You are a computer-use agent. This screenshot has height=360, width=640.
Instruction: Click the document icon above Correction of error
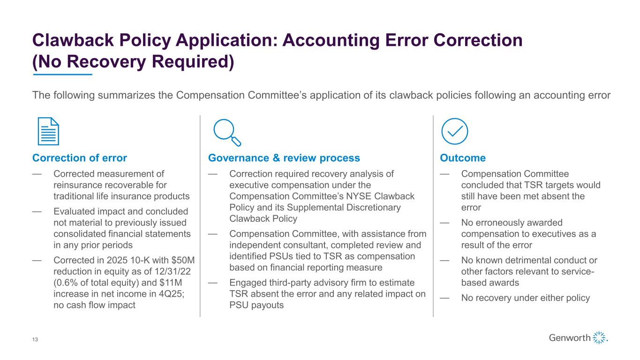(48, 132)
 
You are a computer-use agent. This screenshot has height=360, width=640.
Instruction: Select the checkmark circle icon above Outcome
(455, 131)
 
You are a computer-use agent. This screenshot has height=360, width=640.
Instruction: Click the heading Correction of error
(79, 158)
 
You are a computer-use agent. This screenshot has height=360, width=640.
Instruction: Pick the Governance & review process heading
(284, 158)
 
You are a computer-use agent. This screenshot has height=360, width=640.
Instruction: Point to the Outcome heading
(462, 158)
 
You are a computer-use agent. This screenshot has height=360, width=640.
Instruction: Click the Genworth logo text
(570, 338)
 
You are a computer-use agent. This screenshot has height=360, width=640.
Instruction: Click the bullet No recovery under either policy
(525, 298)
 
